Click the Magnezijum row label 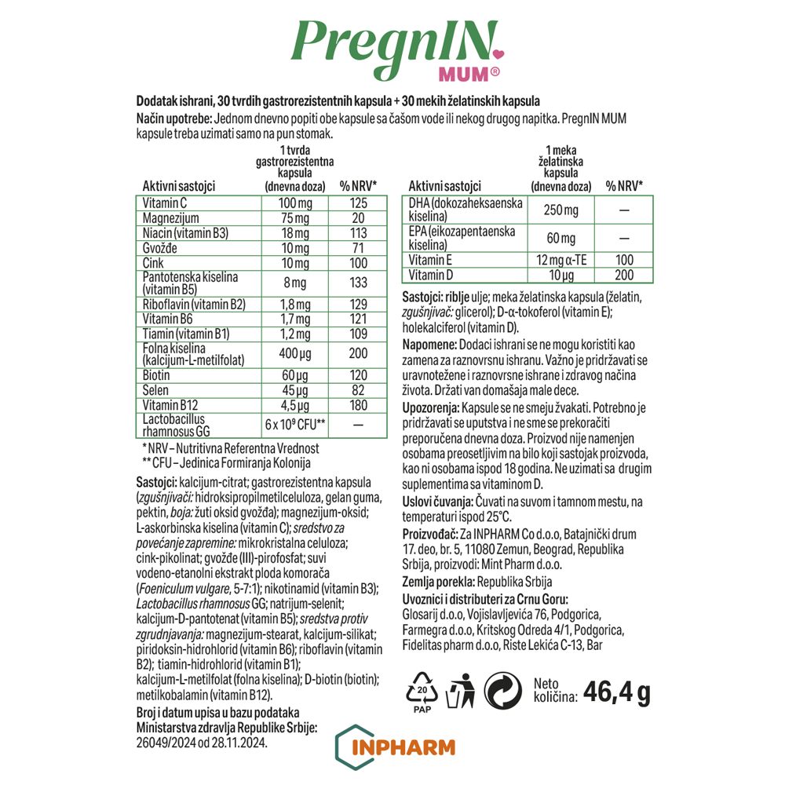170,217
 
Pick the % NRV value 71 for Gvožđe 359,248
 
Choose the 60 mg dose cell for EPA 560,238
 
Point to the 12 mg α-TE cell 560,260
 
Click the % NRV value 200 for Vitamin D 624,274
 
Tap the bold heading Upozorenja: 430,409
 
